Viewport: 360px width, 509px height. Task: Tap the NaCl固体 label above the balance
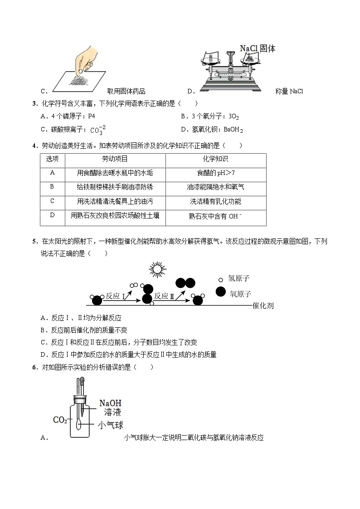coord(257,48)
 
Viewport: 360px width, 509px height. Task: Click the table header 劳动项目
coord(115,159)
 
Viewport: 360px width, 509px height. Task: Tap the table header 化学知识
coord(215,159)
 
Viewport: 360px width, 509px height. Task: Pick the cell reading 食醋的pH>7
coord(215,173)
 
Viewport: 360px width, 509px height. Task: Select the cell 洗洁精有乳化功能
coord(215,202)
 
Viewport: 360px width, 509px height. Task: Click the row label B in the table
coord(52,187)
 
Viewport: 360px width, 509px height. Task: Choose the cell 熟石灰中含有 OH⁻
coord(215,217)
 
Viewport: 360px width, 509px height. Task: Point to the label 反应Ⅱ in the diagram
coord(164,296)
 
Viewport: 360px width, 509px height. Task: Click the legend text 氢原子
coord(240,279)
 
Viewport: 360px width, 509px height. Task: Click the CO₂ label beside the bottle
coord(60,420)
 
